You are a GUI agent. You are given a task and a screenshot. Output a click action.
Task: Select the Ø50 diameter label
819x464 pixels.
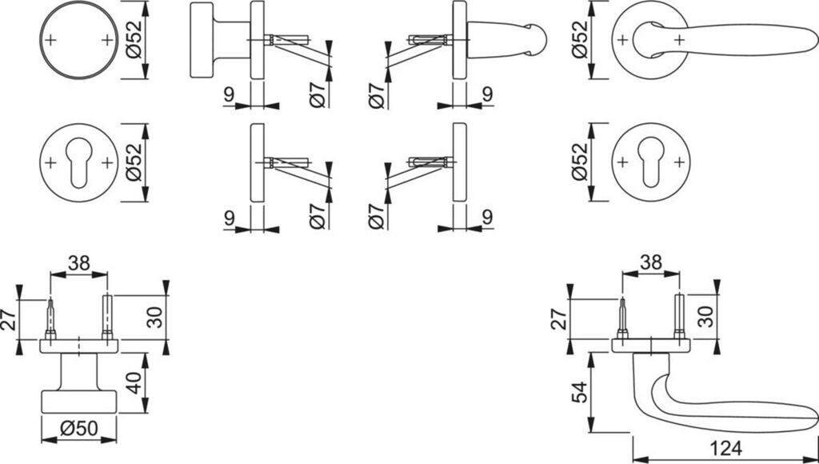tap(78, 429)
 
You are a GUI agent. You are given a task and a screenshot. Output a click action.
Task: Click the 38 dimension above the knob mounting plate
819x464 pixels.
tap(78, 261)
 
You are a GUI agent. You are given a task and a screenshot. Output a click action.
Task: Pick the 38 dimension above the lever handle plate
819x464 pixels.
tap(650, 261)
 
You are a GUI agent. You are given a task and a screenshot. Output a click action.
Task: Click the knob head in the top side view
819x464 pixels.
tap(202, 39)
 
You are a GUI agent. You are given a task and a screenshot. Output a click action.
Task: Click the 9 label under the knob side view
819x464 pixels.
tap(229, 95)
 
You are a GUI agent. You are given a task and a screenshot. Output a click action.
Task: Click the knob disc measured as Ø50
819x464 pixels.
tap(78, 402)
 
